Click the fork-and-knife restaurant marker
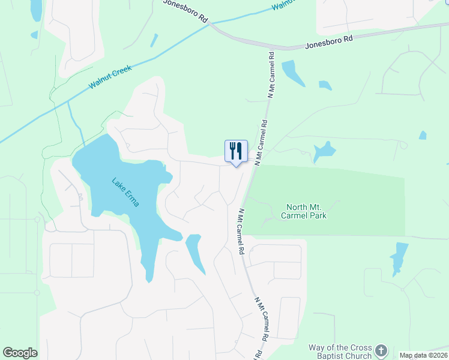[236, 151]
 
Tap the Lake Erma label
[125, 192]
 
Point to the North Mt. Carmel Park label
[306, 211]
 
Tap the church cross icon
[381, 350]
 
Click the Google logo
[20, 353]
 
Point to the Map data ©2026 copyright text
[423, 355]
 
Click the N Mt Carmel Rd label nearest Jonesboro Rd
[271, 75]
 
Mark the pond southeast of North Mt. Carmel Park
[398, 258]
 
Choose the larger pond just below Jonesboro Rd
[292, 73]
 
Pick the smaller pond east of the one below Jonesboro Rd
[325, 85]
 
